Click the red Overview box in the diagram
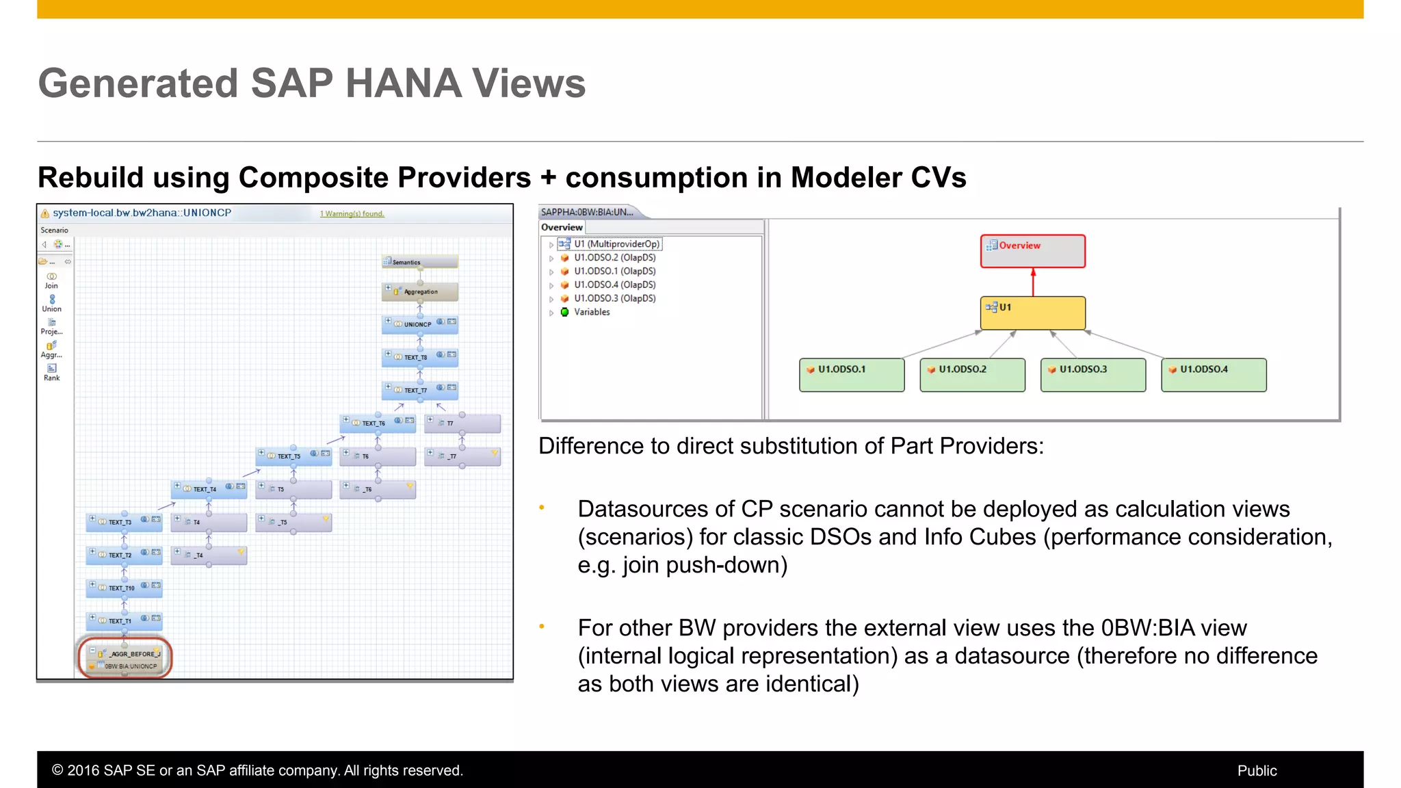point(1032,251)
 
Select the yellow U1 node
point(1032,313)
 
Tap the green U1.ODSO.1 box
point(852,374)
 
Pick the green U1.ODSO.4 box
point(1214,374)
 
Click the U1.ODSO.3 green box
point(1092,374)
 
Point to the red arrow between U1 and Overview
point(1033,282)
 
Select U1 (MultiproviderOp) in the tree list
point(616,244)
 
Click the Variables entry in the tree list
point(591,312)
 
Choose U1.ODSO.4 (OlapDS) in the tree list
point(614,285)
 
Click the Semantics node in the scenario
point(419,262)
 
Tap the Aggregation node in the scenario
point(419,291)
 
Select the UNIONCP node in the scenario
point(419,324)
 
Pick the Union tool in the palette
point(52,303)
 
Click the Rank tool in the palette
point(52,372)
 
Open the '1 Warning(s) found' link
point(352,214)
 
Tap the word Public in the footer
point(1257,770)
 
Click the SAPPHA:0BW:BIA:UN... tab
point(588,212)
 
